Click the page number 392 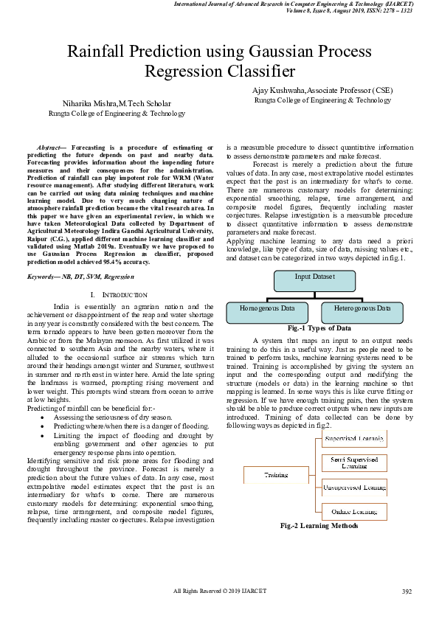(x=407, y=591)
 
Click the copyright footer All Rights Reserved (x=220, y=591)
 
